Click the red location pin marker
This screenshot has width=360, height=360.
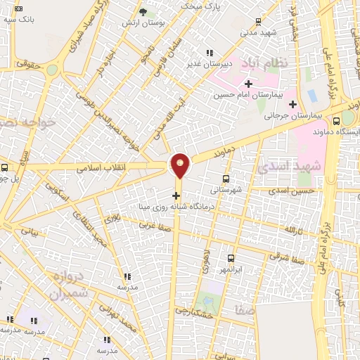tap(181, 165)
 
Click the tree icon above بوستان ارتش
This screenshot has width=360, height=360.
tap(143, 12)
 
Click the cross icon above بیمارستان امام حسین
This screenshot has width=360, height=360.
tap(247, 84)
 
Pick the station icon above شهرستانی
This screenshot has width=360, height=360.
tap(226, 179)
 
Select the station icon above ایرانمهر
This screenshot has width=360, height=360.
tap(231, 258)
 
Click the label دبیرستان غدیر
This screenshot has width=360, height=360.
tap(209, 64)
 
